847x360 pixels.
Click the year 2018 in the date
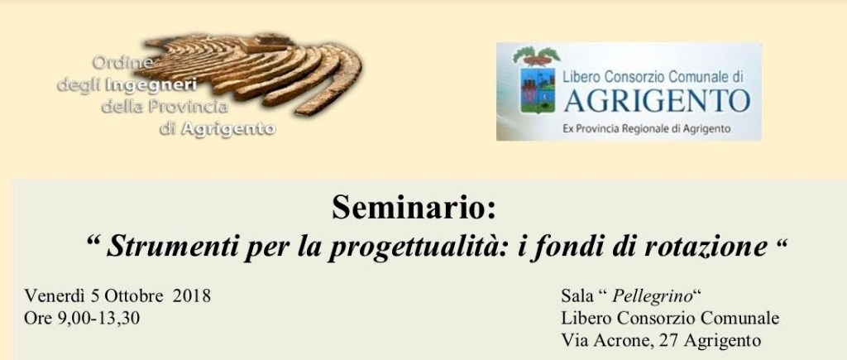coord(192,296)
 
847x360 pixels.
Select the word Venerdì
coord(55,296)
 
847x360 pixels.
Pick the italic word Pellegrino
coord(653,297)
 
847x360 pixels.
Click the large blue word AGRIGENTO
coord(657,101)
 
